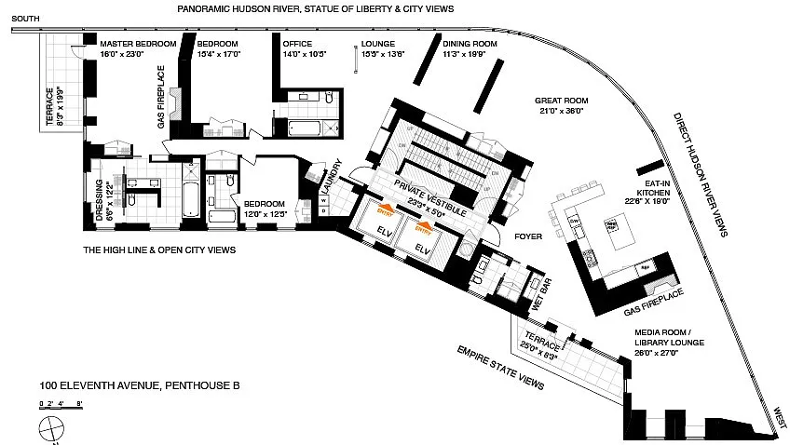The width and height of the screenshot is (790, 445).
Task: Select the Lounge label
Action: pyautogui.click(x=377, y=44)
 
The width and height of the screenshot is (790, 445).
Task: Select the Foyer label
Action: pyautogui.click(x=529, y=236)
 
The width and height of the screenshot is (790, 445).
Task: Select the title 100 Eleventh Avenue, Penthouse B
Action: pyautogui.click(x=133, y=385)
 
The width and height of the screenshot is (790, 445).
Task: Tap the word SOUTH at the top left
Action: pyautogui.click(x=26, y=19)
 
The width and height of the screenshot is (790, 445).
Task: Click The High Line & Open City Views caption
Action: pyautogui.click(x=158, y=249)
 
